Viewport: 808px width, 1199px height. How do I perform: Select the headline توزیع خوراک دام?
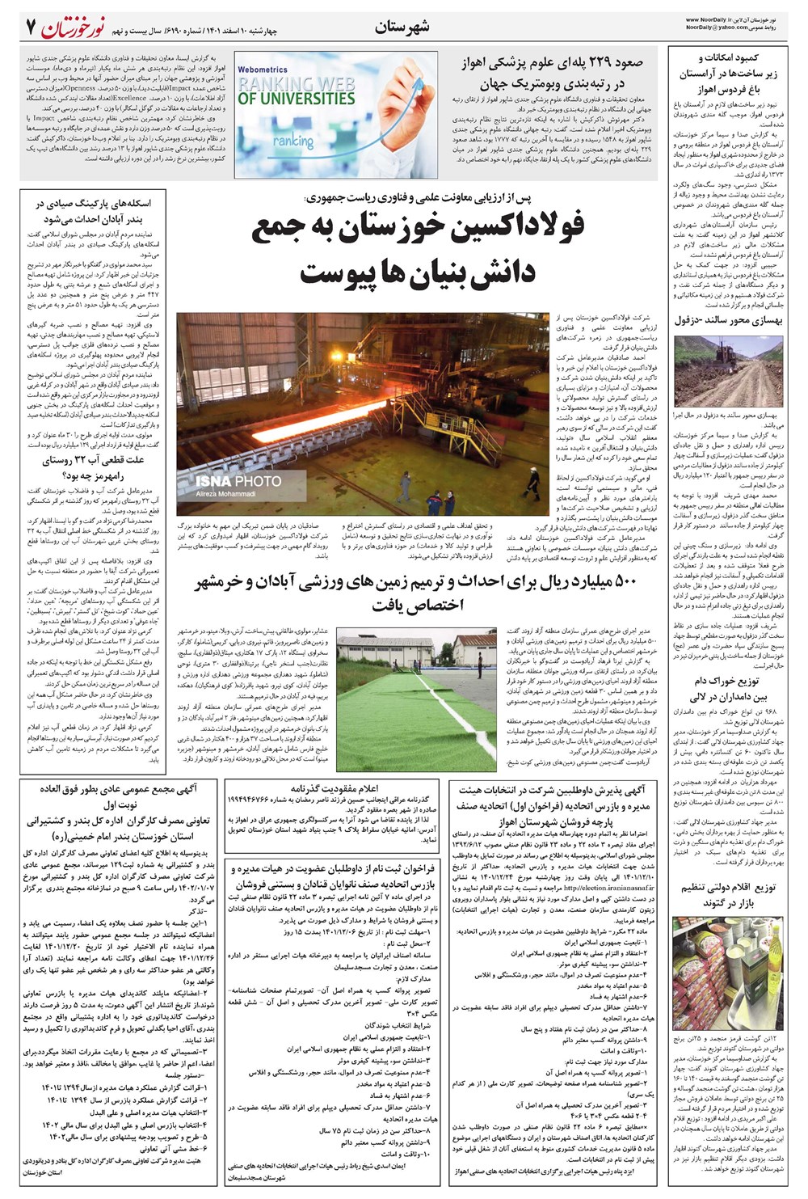click(x=736, y=681)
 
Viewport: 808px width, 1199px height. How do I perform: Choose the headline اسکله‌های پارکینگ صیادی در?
click(x=98, y=204)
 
